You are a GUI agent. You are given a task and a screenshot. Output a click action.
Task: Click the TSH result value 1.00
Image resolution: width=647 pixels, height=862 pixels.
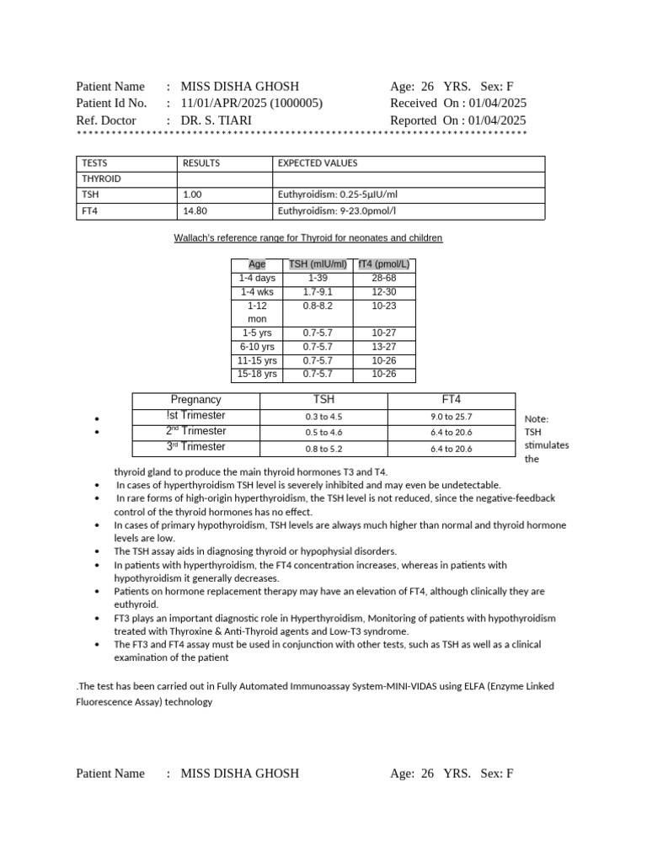click(x=192, y=194)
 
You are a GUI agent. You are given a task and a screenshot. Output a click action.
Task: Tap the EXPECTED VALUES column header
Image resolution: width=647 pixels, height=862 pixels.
click(x=318, y=163)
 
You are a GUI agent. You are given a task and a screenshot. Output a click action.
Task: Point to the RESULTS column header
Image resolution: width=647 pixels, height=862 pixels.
click(x=201, y=163)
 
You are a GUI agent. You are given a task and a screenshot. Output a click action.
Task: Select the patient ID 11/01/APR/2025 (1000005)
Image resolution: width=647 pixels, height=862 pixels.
click(x=251, y=103)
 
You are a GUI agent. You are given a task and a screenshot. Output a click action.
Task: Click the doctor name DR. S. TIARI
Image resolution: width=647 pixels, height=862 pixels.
click(x=216, y=120)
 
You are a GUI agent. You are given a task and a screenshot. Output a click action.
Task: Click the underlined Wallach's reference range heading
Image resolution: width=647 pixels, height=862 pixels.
click(x=307, y=238)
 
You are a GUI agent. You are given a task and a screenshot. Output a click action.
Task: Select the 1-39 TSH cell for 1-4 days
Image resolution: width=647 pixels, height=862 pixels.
click(x=318, y=278)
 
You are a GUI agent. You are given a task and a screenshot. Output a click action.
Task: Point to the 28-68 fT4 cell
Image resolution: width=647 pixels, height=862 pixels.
click(x=383, y=278)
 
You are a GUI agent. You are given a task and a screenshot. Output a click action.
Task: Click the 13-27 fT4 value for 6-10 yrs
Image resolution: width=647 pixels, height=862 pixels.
click(x=383, y=347)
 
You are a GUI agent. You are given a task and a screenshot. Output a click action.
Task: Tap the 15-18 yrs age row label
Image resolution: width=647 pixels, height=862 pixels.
click(x=257, y=374)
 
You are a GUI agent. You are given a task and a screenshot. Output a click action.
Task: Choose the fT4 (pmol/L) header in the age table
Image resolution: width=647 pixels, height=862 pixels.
click(x=383, y=264)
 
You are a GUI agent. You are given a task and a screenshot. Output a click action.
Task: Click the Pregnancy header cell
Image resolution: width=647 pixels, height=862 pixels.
click(x=195, y=400)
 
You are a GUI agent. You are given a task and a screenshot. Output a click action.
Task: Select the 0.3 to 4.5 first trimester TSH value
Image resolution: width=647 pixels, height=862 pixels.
click(x=324, y=417)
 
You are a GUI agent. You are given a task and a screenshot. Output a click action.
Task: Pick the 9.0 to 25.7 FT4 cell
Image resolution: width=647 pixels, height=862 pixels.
click(x=451, y=417)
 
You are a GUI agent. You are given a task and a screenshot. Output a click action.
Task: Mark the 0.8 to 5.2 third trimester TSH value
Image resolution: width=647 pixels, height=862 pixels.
click(x=324, y=449)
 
